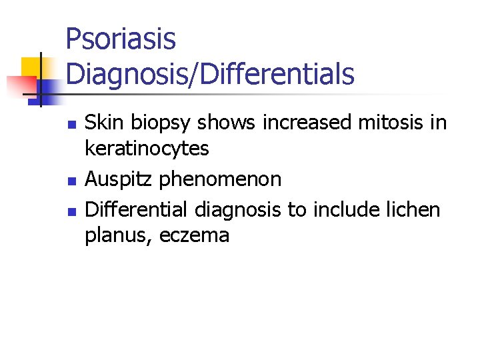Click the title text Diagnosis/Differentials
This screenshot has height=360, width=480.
(x=210, y=73)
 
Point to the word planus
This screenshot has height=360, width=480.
(x=117, y=236)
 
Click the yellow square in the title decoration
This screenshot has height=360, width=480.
(x=31, y=67)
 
